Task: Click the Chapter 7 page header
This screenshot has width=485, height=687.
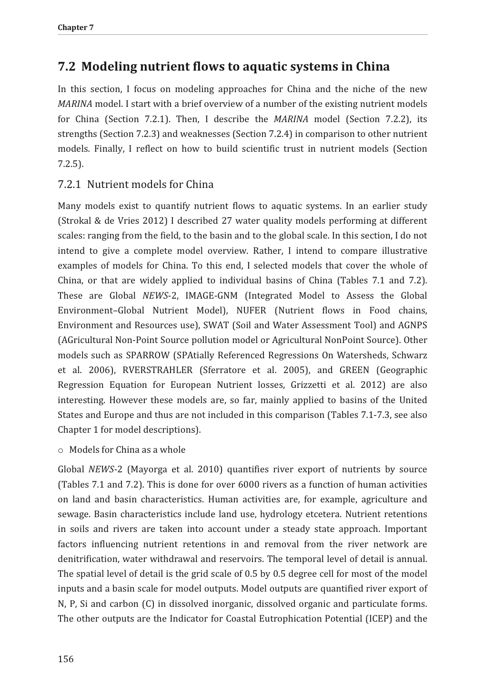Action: pyautogui.click(x=76, y=27)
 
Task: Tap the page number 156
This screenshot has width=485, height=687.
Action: pyautogui.click(x=66, y=659)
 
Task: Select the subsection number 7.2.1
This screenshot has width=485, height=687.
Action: pyautogui.click(x=70, y=185)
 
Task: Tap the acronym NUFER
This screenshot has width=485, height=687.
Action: pyautogui.click(x=251, y=311)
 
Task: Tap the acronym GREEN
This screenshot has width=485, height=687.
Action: pyautogui.click(x=354, y=370)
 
